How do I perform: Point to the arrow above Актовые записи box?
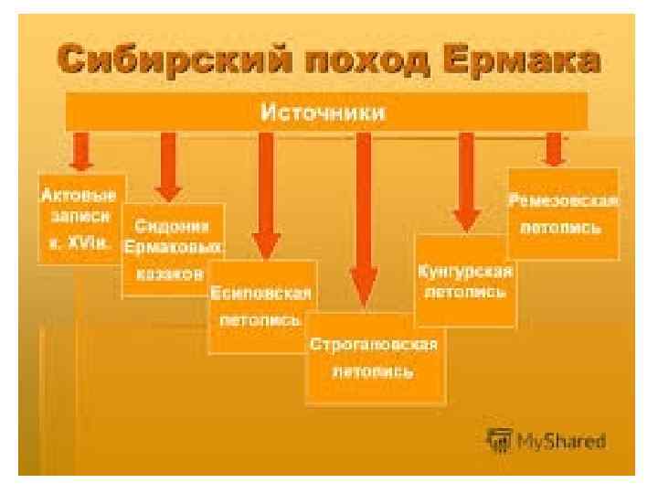[81, 152]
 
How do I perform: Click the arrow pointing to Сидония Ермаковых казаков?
[168, 166]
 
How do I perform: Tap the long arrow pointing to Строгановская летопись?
[364, 220]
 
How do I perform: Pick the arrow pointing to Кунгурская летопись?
[466, 182]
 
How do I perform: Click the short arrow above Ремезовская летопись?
[553, 148]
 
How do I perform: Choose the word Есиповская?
[262, 295]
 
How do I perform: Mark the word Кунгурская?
[465, 272]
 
